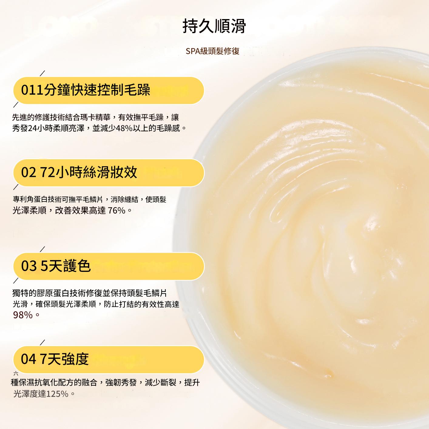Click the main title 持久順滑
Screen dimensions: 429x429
click(x=214, y=26)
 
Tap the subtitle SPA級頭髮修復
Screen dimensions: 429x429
click(x=213, y=51)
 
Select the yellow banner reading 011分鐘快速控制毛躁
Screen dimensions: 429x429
click(x=108, y=90)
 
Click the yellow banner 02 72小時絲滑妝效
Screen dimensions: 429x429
click(x=108, y=173)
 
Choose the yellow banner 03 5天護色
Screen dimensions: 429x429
click(x=108, y=266)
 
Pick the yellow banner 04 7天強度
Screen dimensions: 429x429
click(x=108, y=359)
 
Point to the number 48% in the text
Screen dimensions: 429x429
click(x=124, y=128)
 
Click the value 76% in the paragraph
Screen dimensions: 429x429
click(x=116, y=210)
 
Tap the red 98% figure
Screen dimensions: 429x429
click(x=23, y=315)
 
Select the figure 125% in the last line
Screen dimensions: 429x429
click(x=58, y=394)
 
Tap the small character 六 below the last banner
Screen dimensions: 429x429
click(x=16, y=373)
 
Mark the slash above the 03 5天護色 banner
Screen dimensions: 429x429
click(x=43, y=249)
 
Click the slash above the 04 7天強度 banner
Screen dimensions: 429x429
click(x=43, y=342)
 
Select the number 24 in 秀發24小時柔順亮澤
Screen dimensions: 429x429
click(x=32, y=128)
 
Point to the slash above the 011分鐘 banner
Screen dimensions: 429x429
click(x=43, y=73)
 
